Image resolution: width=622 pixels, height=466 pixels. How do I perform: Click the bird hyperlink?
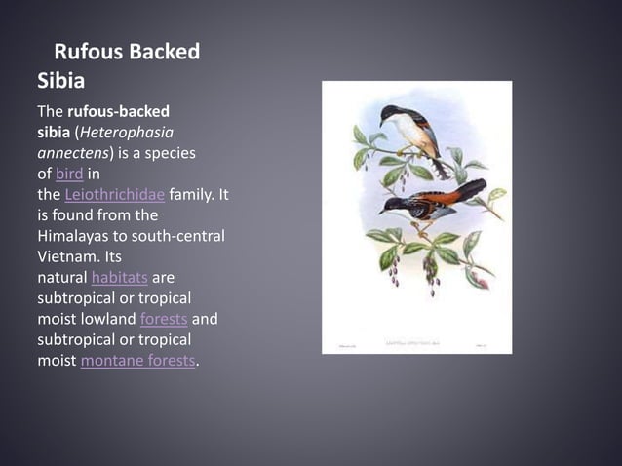(x=69, y=174)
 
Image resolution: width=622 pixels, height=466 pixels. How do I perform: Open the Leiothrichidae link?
(x=108, y=194)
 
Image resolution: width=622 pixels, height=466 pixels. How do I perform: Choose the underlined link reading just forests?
(x=164, y=319)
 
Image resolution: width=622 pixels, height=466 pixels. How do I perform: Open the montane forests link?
(x=137, y=361)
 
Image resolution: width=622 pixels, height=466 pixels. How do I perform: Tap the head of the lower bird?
(x=389, y=204)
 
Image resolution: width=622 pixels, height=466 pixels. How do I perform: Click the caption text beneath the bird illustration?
(x=416, y=343)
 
